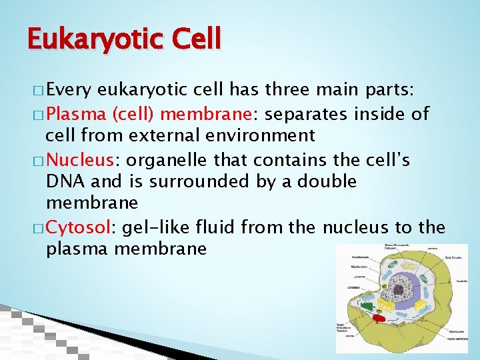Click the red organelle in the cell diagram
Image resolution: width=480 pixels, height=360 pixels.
point(379,318)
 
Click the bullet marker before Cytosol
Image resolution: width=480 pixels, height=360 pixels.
point(37,229)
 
